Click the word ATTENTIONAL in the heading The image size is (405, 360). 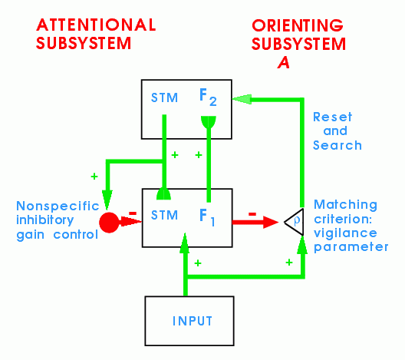pos(96,25)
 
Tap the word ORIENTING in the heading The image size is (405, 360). pos(298,25)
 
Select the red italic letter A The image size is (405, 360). pos(284,62)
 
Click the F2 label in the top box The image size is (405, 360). pos(208,97)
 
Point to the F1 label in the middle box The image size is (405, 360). pos(207,217)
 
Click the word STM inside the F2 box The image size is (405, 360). pos(164,97)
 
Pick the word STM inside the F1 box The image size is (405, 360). pos(164,215)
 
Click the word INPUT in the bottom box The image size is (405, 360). pos(193,321)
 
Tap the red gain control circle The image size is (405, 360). pos(109,223)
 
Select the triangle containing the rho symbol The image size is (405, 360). pos(295,222)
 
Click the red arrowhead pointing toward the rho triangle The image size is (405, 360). pos(271,222)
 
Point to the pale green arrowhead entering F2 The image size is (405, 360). pos(242,99)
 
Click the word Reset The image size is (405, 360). pos(332,117)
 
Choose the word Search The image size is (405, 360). pos(337,145)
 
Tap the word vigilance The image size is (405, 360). pos(345,233)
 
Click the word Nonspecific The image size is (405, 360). pos(58,206)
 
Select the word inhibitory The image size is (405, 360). pos(45,220)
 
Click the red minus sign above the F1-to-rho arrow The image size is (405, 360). pos(252,214)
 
